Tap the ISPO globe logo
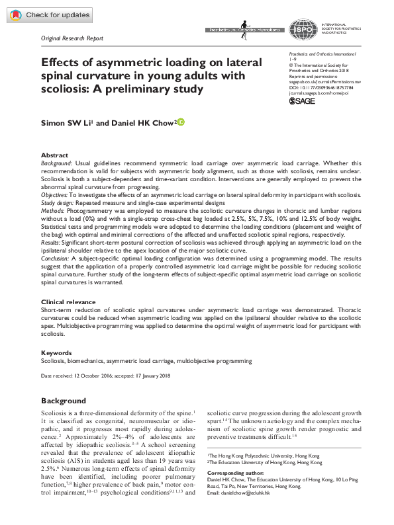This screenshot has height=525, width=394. point(301,29)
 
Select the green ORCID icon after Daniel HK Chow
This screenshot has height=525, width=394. point(180,122)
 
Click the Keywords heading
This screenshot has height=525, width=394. point(56,352)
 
